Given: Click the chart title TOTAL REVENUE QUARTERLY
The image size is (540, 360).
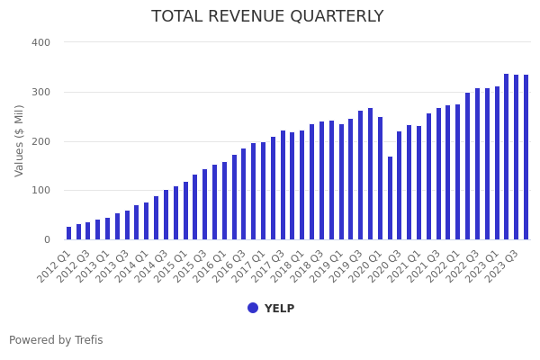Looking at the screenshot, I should (267, 16).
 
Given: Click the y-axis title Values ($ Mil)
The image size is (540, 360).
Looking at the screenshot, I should (19, 140).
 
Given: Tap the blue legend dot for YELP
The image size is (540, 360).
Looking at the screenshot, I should (253, 308).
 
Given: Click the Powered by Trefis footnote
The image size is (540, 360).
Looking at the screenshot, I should (56, 340).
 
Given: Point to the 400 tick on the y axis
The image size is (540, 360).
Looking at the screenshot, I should (40, 42).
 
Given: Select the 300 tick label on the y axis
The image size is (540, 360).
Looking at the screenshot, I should (40, 92).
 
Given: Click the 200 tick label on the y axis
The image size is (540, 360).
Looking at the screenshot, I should (40, 141).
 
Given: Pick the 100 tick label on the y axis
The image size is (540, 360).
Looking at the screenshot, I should (40, 190).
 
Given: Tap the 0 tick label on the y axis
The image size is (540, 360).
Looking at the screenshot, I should (46, 239).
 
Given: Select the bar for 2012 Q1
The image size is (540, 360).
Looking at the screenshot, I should (68, 233).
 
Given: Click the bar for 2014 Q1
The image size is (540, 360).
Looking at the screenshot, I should (147, 221).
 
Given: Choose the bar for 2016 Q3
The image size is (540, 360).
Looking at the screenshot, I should (244, 194).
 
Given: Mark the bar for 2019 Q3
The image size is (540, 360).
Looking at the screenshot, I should (361, 175).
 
